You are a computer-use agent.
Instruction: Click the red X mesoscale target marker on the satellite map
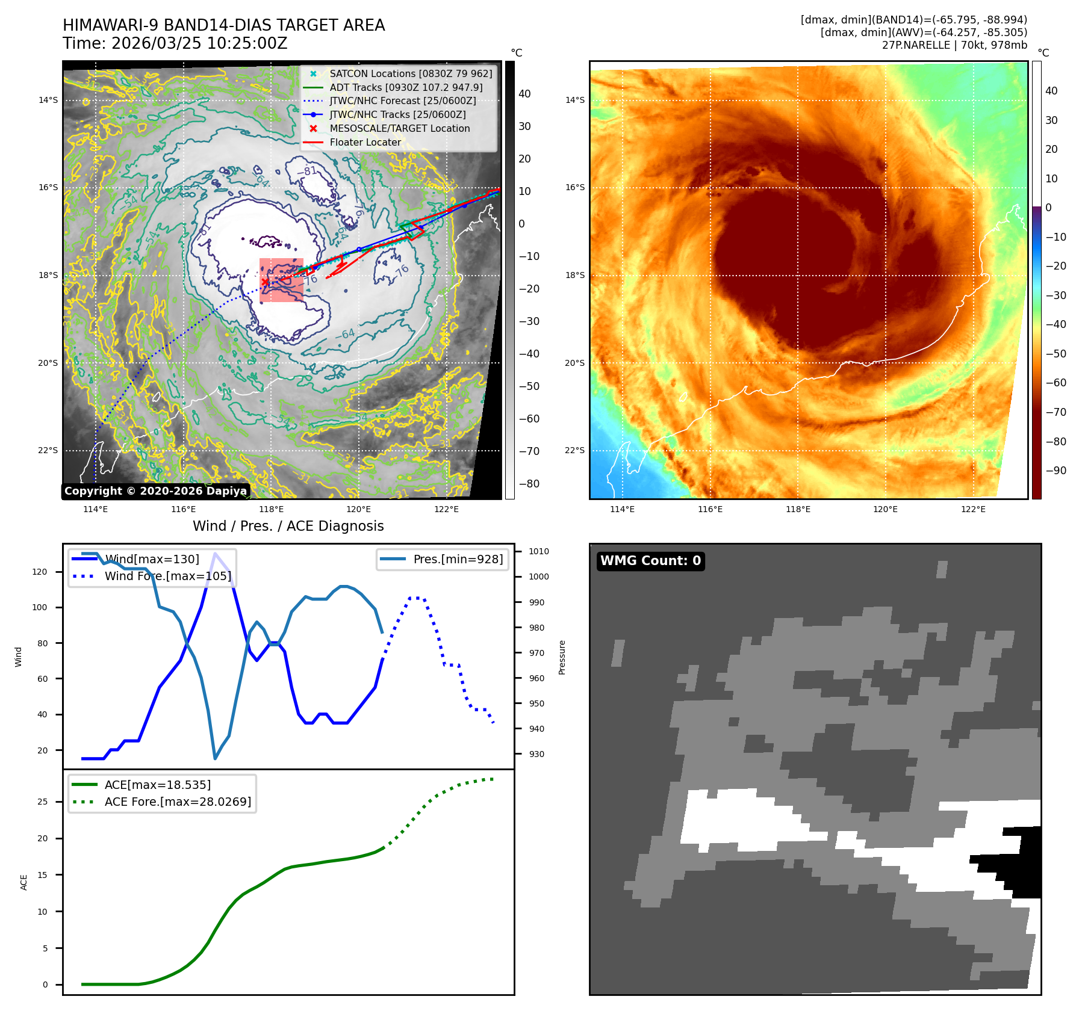265,282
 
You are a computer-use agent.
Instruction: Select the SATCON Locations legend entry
410,73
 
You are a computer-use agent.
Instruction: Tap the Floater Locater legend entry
365,142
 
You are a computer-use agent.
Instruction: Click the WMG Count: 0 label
650,561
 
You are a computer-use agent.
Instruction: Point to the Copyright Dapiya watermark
155,491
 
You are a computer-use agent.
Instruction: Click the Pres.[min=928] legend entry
458,559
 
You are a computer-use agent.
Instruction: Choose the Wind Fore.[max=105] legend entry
167,576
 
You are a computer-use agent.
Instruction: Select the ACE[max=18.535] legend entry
157,785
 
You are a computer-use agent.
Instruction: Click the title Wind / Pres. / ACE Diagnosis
288,526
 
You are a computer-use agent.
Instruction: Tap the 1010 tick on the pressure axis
539,551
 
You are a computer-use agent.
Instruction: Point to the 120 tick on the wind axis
40,572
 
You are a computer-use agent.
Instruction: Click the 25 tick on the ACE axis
43,802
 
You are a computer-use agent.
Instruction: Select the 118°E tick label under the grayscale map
271,509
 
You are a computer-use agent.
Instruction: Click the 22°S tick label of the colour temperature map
574,450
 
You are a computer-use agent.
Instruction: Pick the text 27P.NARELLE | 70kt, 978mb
954,45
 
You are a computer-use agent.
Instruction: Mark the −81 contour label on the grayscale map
306,171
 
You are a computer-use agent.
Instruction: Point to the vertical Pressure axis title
562,657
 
